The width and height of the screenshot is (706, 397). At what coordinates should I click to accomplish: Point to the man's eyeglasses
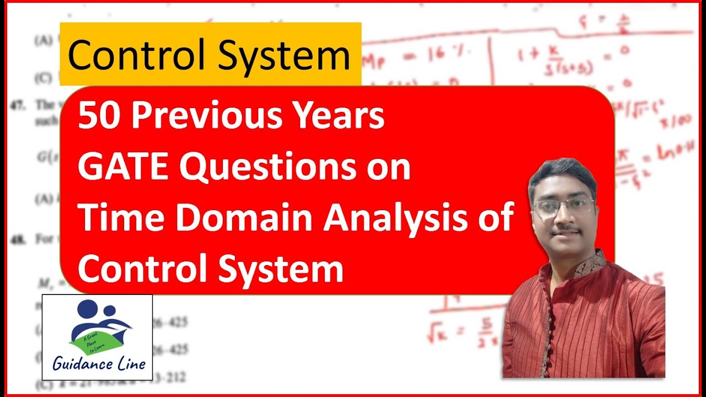point(564,206)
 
